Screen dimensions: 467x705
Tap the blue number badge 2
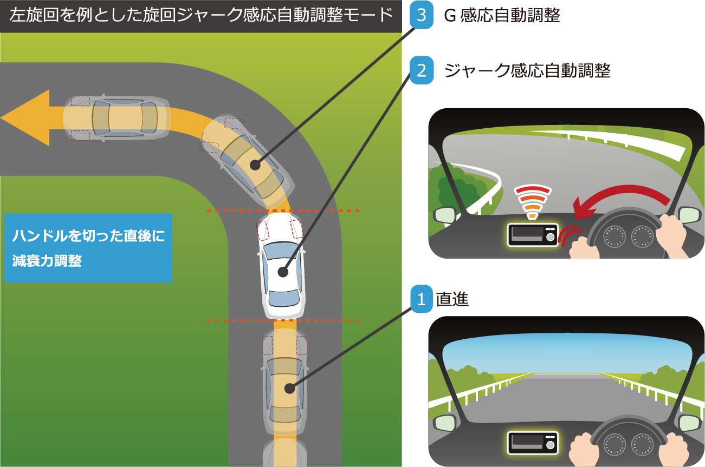422,71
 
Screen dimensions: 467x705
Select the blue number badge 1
422,299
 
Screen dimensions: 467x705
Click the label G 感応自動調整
502,16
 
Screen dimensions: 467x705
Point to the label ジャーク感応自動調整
527,71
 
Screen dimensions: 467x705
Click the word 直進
452,299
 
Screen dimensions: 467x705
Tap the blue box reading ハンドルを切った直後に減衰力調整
88,248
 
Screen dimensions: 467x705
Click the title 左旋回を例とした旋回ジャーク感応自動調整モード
200,16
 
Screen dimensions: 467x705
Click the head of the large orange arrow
27,117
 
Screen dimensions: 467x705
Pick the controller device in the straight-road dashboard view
533,443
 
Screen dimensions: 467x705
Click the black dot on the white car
282,272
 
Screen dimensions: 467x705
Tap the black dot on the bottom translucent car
289,387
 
